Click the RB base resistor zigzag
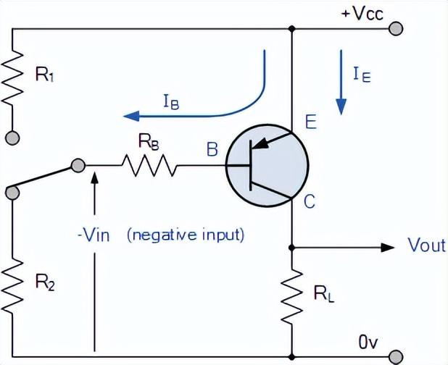pos(149,167)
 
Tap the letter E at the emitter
pos(310,123)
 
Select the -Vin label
pos(92,235)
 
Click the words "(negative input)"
pos(186,235)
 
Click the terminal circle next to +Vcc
pos(396,28)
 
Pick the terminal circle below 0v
pos(396,356)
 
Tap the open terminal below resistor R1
pos(13,136)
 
